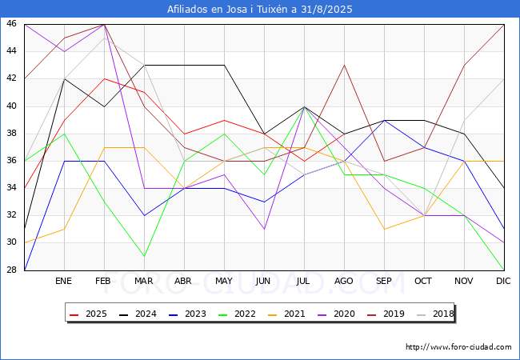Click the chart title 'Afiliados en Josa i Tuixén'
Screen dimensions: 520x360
(x=228, y=10)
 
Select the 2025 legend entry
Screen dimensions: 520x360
(x=88, y=314)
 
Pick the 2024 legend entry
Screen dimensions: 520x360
(x=138, y=314)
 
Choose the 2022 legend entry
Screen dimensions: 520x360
(x=237, y=314)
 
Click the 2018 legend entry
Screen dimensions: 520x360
(x=435, y=314)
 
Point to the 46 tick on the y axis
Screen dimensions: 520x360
(x=11, y=23)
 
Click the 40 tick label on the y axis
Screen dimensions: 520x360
(x=11, y=106)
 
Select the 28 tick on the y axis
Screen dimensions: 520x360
(x=11, y=270)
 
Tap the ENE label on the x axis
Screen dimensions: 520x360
(x=63, y=281)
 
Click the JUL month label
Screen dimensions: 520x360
(x=303, y=281)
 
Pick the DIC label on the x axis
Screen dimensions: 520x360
(x=503, y=281)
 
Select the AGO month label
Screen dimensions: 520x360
(x=343, y=281)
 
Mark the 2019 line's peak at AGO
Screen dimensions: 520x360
(x=344, y=66)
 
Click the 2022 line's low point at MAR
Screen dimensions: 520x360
(x=144, y=256)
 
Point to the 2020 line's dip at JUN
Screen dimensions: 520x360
(x=264, y=229)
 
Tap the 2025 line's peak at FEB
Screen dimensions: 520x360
(x=105, y=79)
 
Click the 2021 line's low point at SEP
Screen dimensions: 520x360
(x=384, y=229)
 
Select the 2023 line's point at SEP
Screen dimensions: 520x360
(x=384, y=120)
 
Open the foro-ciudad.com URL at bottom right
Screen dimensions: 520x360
(x=458, y=347)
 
